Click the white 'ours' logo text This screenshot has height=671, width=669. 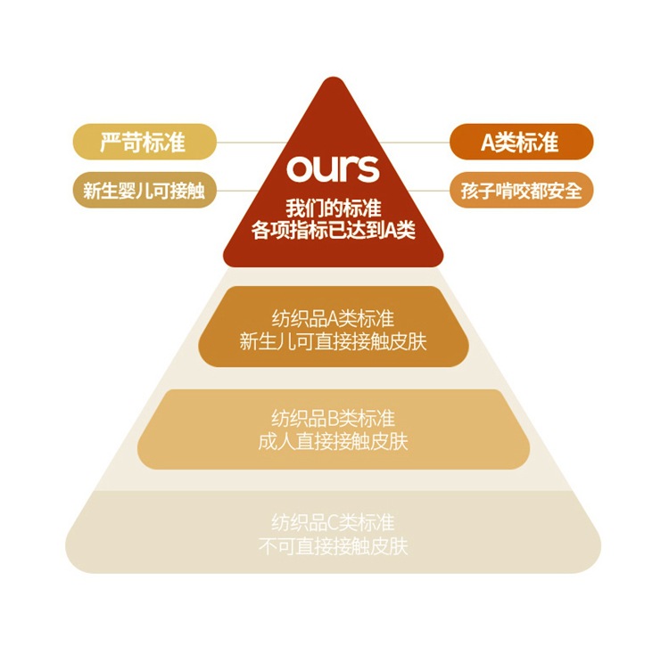click(x=333, y=168)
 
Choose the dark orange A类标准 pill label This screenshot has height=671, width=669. click(x=521, y=142)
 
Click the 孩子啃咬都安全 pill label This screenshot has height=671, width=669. click(x=521, y=190)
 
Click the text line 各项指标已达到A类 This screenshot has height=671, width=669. click(x=333, y=230)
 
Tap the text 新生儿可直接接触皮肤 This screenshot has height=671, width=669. click(x=333, y=340)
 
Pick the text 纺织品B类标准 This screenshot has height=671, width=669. click(x=333, y=419)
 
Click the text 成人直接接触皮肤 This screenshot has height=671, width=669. click(x=333, y=441)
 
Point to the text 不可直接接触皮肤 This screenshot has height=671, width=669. click(x=333, y=545)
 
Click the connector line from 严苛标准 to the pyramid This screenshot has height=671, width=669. click(x=254, y=142)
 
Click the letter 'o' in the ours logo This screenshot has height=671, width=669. click(x=298, y=169)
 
